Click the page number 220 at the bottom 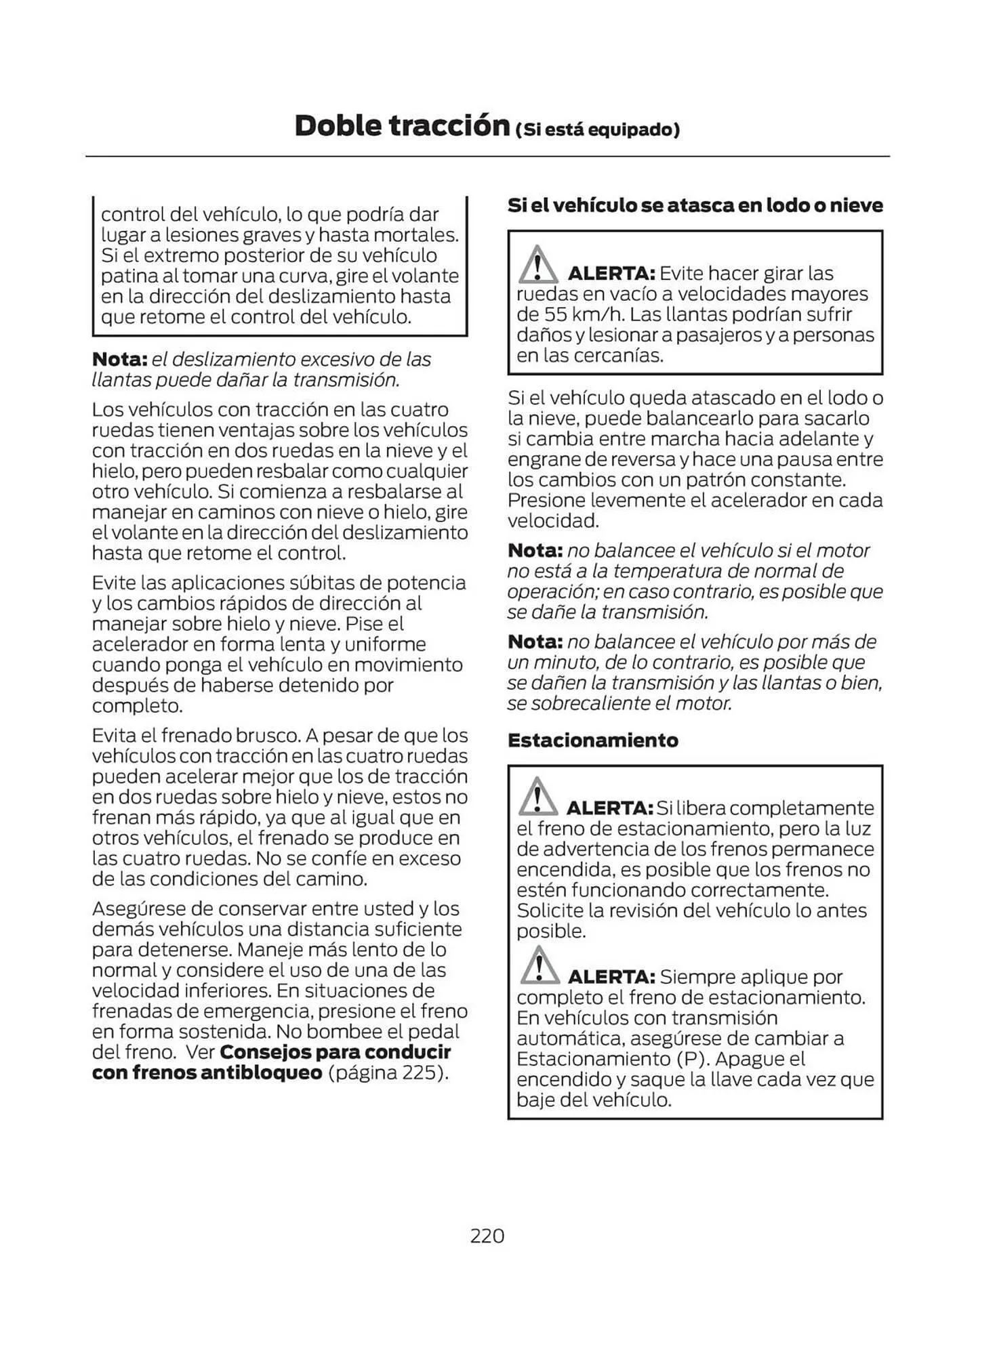click(x=487, y=1236)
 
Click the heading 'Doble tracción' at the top click(x=402, y=126)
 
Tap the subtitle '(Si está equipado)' click(x=597, y=129)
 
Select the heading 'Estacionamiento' click(x=592, y=740)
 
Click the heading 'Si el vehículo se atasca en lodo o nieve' click(x=695, y=205)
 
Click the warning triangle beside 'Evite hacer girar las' click(x=537, y=266)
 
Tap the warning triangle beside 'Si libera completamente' click(x=537, y=797)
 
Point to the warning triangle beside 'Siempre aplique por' click(x=539, y=966)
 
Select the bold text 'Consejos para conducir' click(x=335, y=1052)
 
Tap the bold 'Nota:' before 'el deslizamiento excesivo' click(x=119, y=359)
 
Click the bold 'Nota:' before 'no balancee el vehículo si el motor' click(x=535, y=550)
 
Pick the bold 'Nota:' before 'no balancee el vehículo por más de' click(x=535, y=641)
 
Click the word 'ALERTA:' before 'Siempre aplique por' click(x=611, y=977)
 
